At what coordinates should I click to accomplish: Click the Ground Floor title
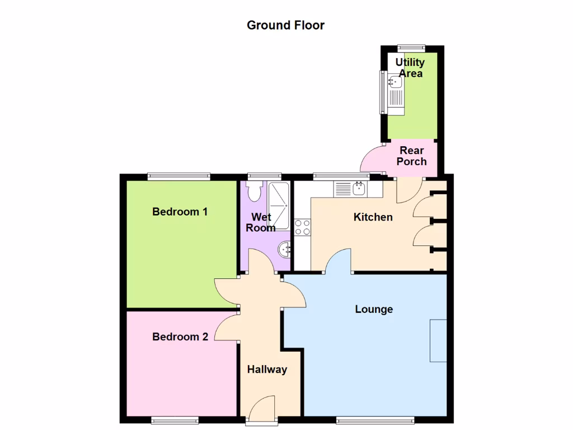[x=285, y=25]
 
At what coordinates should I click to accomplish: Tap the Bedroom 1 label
[x=180, y=212]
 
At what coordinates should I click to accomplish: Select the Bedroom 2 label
[x=180, y=336]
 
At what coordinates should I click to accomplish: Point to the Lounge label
[x=374, y=309]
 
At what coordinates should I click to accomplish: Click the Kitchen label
[x=373, y=217]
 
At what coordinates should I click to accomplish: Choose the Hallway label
[x=267, y=370]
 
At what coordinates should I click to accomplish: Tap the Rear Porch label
[x=411, y=156]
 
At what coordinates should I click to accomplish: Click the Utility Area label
[x=410, y=68]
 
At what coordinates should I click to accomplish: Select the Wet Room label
[x=261, y=222]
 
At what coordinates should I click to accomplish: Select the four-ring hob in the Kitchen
[x=303, y=227]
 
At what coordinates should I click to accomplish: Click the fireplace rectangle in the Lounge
[x=438, y=340]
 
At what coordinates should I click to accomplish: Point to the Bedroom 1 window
[x=179, y=176]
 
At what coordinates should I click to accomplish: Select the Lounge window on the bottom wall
[x=375, y=419]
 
